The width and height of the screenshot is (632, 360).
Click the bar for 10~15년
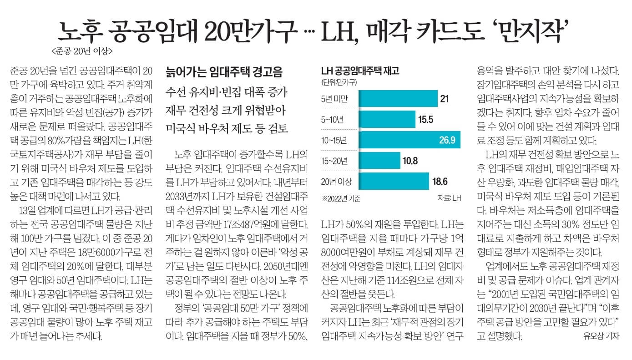(x=410, y=140)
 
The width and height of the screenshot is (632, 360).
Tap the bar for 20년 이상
(x=394, y=181)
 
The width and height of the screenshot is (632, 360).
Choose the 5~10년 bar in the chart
(x=387, y=119)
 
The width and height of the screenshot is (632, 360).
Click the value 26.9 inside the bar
(x=447, y=140)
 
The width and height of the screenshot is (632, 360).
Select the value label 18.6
(x=440, y=182)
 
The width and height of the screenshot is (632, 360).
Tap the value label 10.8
(x=410, y=161)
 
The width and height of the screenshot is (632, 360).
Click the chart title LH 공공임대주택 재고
(x=360, y=71)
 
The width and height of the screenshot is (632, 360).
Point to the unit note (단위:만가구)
(x=339, y=82)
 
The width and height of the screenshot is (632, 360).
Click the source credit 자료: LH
(x=449, y=198)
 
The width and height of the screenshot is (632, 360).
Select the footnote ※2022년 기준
(x=341, y=198)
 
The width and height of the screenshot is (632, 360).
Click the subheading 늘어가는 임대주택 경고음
(x=224, y=72)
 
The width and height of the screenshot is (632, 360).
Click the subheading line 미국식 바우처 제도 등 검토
(x=227, y=128)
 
